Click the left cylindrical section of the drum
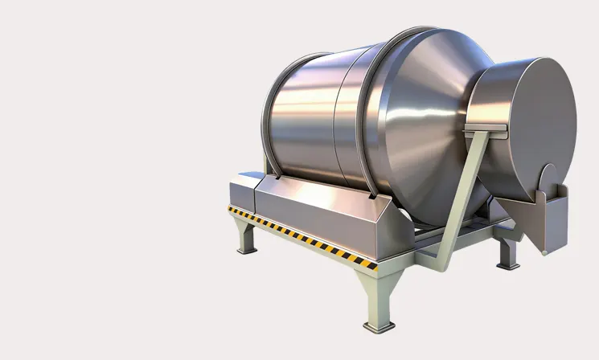point(302,121)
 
